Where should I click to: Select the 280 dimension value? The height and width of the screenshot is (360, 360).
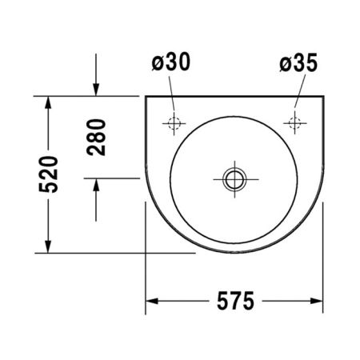(x=97, y=138)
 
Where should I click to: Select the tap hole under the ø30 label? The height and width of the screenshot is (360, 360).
(x=174, y=122)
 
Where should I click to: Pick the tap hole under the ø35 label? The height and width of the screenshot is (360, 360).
(x=295, y=122)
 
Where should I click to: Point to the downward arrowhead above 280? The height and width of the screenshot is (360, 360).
(x=97, y=90)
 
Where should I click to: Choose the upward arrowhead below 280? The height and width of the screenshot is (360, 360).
(x=97, y=186)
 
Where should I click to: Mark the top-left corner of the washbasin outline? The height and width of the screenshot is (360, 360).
(x=146, y=98)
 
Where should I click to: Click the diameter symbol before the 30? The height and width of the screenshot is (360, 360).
(x=158, y=63)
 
